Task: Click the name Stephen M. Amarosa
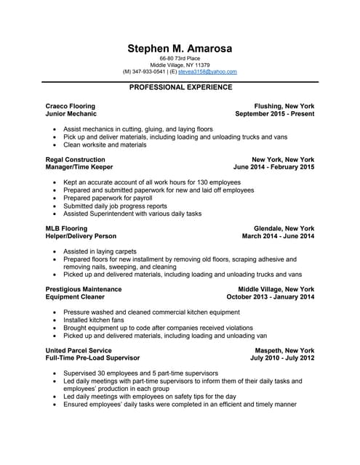(x=180, y=49)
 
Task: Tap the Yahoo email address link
(x=210, y=72)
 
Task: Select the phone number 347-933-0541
(x=149, y=72)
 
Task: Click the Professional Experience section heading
(x=180, y=87)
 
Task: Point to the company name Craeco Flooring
(x=70, y=106)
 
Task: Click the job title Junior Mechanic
(x=71, y=114)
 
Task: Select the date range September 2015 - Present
(x=275, y=114)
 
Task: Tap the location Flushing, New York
(x=283, y=106)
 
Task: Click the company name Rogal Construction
(x=75, y=159)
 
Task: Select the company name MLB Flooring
(x=66, y=228)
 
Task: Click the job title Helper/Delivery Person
(x=81, y=236)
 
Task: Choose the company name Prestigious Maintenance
(x=84, y=289)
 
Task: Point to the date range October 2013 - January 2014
(x=271, y=297)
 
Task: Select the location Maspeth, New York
(x=284, y=350)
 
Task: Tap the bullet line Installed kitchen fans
(x=95, y=320)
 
